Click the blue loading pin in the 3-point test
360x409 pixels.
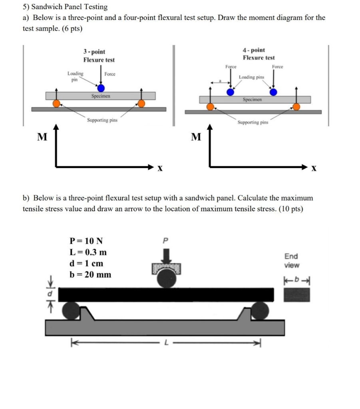coord(101,88)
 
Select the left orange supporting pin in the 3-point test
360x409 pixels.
coord(57,104)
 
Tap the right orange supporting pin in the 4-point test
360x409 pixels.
coord(296,106)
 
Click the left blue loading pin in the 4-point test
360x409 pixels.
coord(230,92)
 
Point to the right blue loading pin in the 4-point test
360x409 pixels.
coord(273,92)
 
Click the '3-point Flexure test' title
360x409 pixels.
coord(99,56)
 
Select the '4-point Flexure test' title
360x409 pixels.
coord(259,54)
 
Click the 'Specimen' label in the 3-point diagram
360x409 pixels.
coord(101,96)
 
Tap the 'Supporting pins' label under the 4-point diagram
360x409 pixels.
coord(253,123)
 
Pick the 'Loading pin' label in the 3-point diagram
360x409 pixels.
coord(75,76)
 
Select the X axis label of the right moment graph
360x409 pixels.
coord(314,169)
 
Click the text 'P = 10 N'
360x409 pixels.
coord(86,241)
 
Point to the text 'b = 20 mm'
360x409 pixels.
coord(90,275)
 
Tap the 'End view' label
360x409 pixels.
coord(291,261)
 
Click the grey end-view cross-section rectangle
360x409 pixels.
coord(297,295)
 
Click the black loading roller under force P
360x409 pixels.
coord(166,279)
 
